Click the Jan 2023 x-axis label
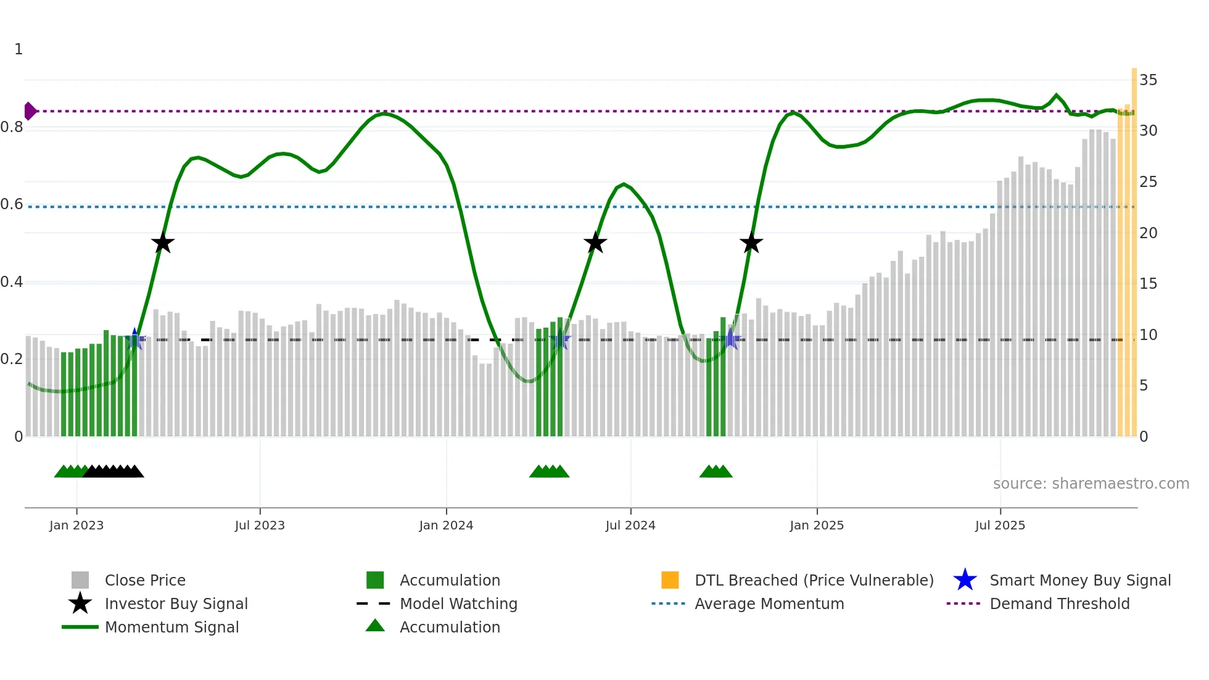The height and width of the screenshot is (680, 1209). point(76,525)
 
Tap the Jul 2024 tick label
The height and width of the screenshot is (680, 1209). point(630,525)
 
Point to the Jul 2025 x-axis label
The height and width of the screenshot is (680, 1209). point(1000,525)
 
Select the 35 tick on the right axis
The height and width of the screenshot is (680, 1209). point(1148,80)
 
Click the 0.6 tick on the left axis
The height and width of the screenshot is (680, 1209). point(12,204)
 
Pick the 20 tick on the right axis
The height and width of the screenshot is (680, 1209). point(1148,233)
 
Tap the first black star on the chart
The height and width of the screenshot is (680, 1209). point(163,243)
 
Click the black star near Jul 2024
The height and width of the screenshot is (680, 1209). point(595,243)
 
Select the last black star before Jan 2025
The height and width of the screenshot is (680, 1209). point(751,243)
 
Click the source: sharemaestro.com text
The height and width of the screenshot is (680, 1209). point(1091,484)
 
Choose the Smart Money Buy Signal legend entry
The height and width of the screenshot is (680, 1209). point(1079,581)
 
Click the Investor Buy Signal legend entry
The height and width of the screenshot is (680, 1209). point(176,604)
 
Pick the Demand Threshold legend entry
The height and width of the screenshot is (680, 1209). point(1059,604)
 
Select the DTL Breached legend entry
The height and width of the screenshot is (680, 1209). point(814,581)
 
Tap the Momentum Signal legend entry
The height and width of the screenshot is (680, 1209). point(171,628)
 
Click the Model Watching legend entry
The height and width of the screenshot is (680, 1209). point(458,604)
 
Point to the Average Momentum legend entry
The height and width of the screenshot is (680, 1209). point(769,604)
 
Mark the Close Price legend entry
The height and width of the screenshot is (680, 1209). point(144,581)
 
